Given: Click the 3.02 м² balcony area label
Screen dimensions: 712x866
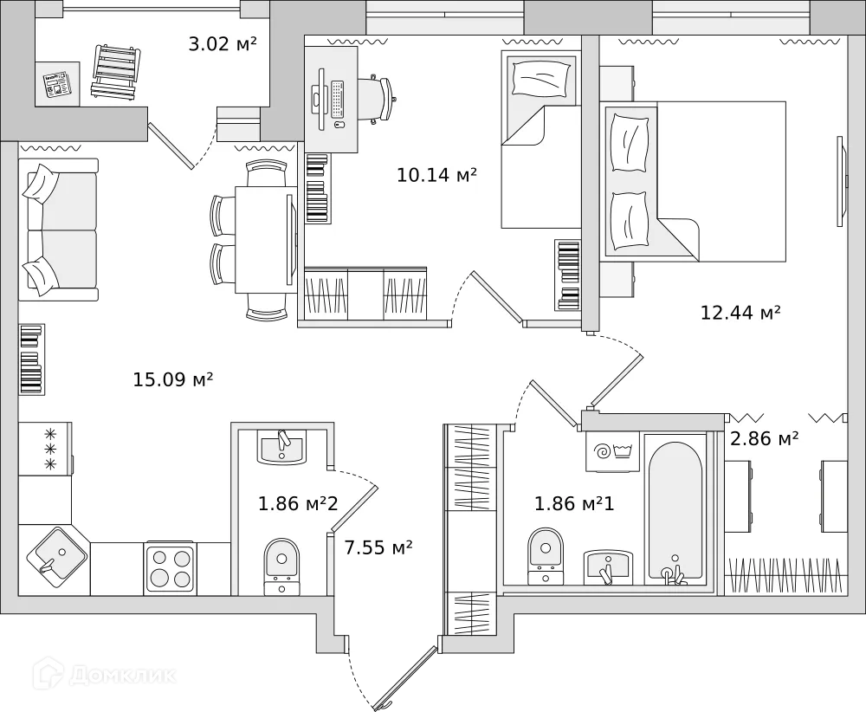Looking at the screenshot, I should pyautogui.click(x=222, y=43).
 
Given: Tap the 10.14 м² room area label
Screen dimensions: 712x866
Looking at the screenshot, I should pyautogui.click(x=436, y=175).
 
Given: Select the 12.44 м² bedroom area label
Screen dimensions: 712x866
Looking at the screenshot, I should pyautogui.click(x=740, y=312).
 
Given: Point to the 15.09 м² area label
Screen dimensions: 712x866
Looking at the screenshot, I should pyautogui.click(x=173, y=379).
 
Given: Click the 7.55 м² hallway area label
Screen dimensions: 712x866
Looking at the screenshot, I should pyautogui.click(x=378, y=547).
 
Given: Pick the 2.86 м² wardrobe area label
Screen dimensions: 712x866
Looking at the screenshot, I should pyautogui.click(x=764, y=439).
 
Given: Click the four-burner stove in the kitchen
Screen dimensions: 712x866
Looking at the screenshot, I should pyautogui.click(x=170, y=567).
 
